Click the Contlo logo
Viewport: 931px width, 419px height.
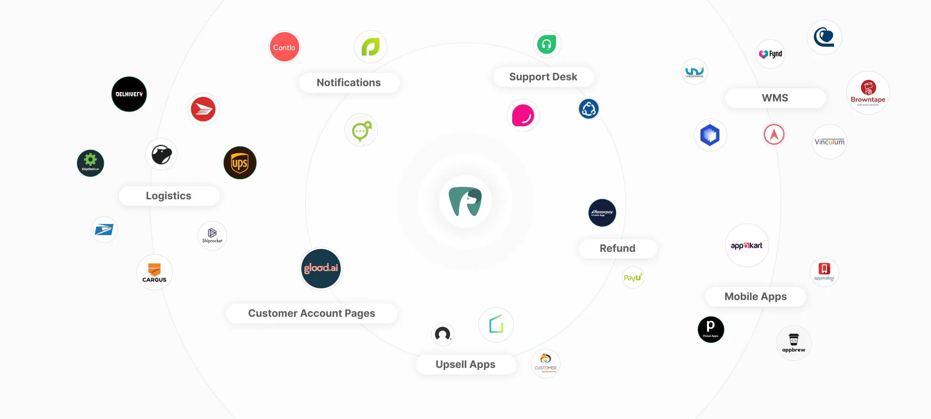[284, 47]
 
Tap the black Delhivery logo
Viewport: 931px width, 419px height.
[129, 94]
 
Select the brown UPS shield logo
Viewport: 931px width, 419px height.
[240, 163]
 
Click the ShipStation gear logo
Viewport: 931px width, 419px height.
[90, 163]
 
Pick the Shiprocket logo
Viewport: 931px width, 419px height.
[212, 235]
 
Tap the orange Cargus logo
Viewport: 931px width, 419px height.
[154, 272]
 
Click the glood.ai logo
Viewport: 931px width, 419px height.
[321, 268]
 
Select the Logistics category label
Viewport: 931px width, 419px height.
[169, 196]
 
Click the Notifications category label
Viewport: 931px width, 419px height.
[349, 82]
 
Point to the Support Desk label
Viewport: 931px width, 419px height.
[543, 77]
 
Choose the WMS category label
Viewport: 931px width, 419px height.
[775, 98]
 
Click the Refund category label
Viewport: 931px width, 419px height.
[617, 248]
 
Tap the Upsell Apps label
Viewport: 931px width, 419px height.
[465, 364]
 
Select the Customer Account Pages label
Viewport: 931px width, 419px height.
[312, 313]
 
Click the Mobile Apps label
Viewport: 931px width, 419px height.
[756, 296]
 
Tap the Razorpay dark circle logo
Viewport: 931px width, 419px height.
[602, 213]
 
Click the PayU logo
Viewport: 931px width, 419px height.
[633, 278]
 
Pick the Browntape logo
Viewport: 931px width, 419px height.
[868, 93]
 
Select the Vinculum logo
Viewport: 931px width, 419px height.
[829, 142]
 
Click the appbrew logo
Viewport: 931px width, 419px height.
[793, 343]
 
